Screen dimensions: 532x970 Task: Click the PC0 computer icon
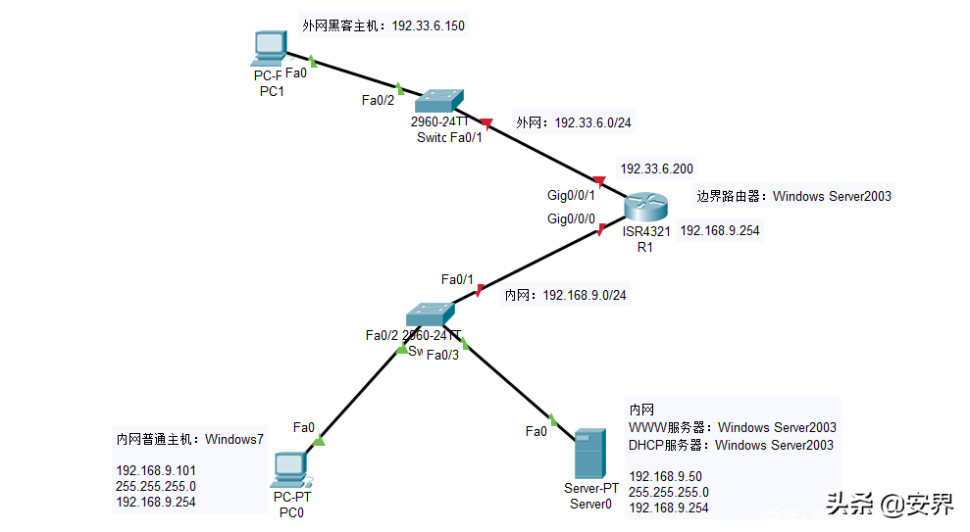pyautogui.click(x=292, y=468)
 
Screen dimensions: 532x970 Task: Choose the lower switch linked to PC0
pyautogui.click(x=430, y=314)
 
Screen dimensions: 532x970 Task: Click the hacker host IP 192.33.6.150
pyautogui.click(x=428, y=25)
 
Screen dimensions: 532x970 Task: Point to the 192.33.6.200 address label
pyautogui.click(x=656, y=169)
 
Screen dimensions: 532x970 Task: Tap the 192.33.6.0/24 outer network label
pyautogui.click(x=592, y=122)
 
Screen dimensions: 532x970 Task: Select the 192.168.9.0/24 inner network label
pyautogui.click(x=585, y=295)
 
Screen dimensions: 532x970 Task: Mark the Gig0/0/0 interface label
pyautogui.click(x=571, y=218)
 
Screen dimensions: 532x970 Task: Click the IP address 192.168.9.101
pyautogui.click(x=156, y=470)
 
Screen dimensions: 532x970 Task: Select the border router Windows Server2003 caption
pyautogui.click(x=793, y=196)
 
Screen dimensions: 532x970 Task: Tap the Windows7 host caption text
pyautogui.click(x=233, y=439)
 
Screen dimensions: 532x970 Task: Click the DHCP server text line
pyautogui.click(x=731, y=445)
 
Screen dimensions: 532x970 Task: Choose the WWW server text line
pyautogui.click(x=732, y=427)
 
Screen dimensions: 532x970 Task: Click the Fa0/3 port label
pyautogui.click(x=442, y=355)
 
